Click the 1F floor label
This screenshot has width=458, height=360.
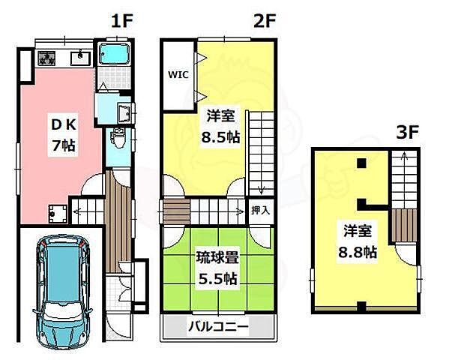(121, 21)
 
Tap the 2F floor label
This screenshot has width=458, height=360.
(264, 21)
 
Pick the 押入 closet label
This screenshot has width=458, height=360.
(259, 210)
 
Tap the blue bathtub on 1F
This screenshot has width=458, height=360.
(114, 55)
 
